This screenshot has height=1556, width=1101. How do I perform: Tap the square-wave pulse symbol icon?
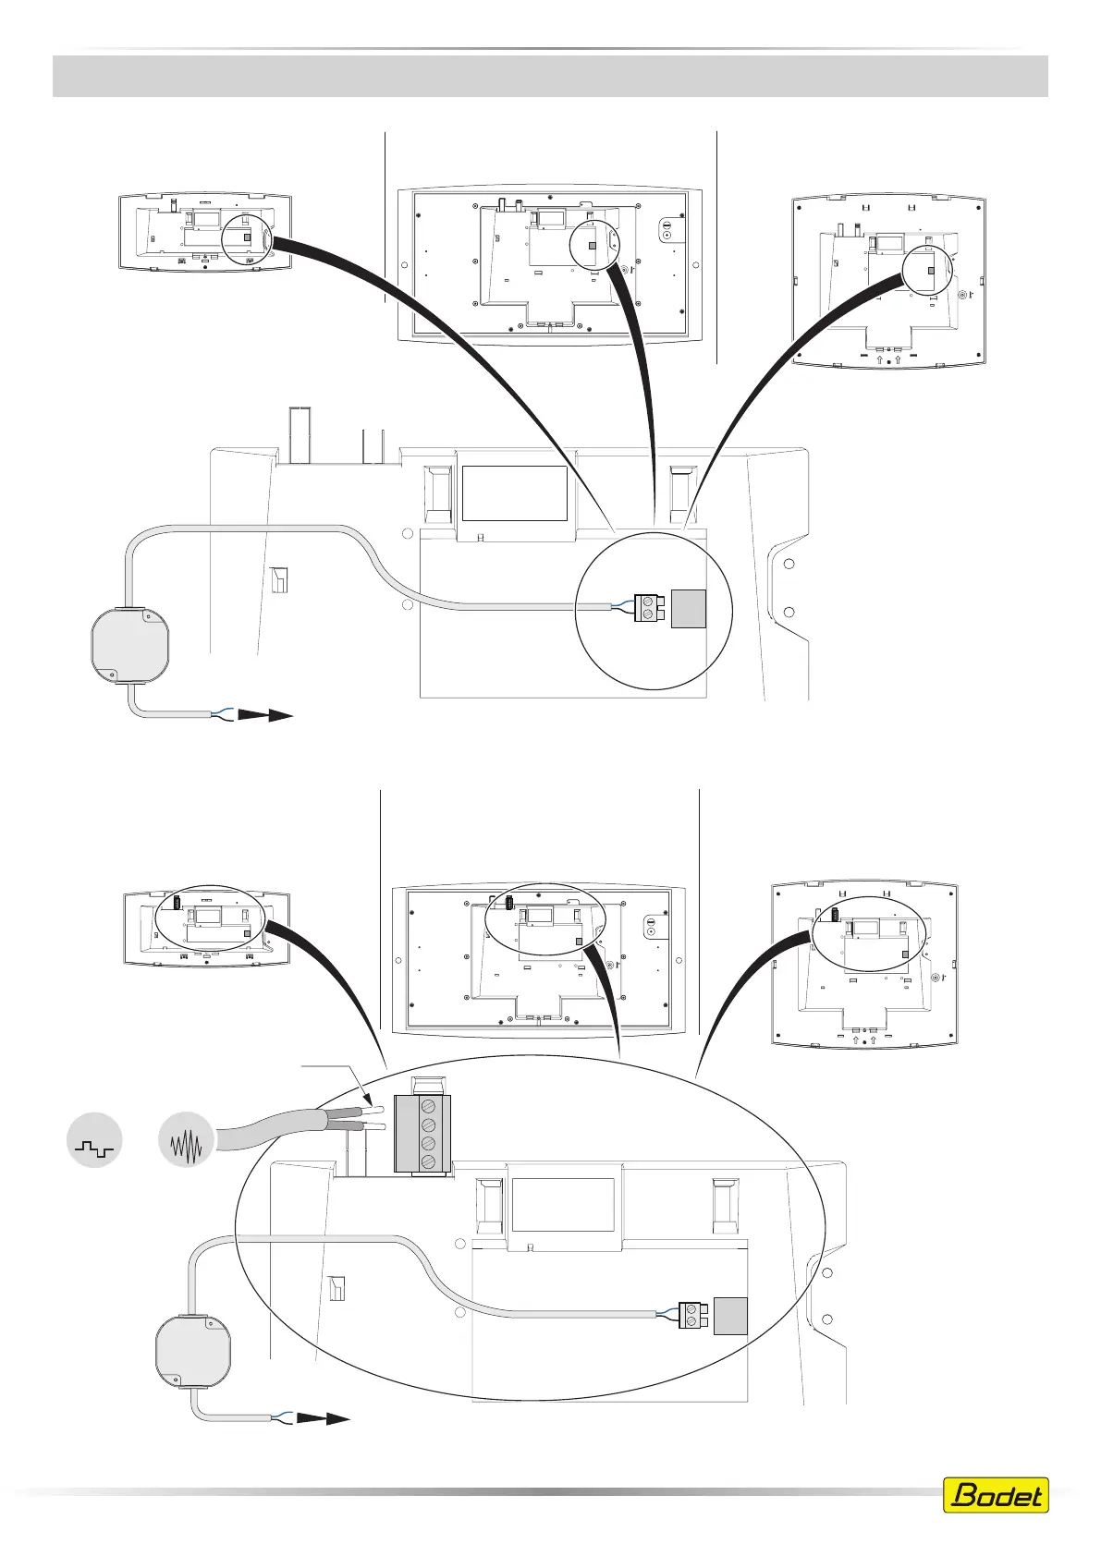pos(95,1140)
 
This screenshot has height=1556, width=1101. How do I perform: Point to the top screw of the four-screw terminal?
pos(429,1106)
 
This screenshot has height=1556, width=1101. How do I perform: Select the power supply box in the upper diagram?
pos(129,641)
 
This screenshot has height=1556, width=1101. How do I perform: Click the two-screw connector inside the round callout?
pos(651,608)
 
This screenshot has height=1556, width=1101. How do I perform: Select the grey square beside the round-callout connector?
pos(688,608)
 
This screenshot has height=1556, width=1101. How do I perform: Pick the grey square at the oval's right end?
pos(728,1316)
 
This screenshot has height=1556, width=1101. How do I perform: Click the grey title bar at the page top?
pos(550,76)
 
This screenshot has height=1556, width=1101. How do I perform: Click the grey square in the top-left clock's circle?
pos(247,237)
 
